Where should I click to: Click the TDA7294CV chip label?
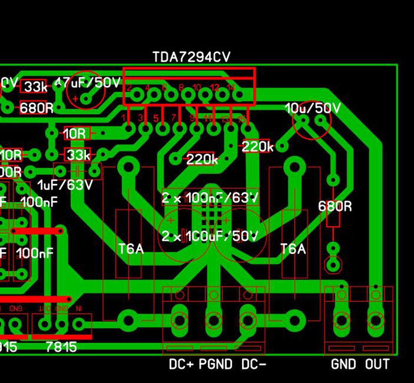coord(191,57)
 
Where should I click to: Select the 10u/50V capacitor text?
coord(313,108)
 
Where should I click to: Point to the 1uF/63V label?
coord(65,185)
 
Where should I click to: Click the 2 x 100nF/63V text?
coord(210,198)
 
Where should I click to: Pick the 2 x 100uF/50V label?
coord(210,236)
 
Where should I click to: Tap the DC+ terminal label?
coord(181,364)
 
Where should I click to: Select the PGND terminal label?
coord(216,364)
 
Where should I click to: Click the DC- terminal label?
coord(254,364)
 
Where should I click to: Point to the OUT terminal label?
coord(377,364)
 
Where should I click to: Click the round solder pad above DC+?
coord(180,320)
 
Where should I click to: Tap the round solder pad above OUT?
coord(375,320)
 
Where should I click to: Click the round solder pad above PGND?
coord(214,320)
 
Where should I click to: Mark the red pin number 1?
coord(123,118)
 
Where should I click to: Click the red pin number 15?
coord(242,119)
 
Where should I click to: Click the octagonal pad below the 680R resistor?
coord(333,264)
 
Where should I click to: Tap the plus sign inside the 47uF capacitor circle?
coord(76,99)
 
